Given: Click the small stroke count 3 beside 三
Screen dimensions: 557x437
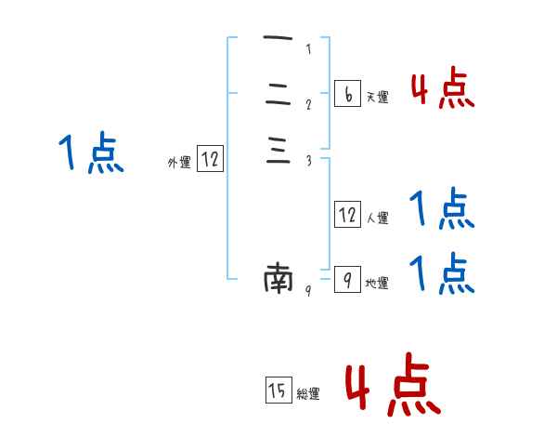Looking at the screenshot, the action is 308,162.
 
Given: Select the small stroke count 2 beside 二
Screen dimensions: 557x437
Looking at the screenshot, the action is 308,104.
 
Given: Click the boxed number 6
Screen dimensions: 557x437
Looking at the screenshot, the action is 346,94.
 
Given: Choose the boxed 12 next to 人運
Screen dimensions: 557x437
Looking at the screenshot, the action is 347,215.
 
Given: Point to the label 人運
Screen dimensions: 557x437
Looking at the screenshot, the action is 378,219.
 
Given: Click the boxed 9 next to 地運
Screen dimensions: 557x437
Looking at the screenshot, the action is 346,279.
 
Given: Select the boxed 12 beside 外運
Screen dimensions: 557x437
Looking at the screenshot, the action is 210,159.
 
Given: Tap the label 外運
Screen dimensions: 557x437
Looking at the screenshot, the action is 179,163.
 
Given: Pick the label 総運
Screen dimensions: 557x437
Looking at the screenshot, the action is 308,394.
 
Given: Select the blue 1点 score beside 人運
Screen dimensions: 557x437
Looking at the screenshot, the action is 442,210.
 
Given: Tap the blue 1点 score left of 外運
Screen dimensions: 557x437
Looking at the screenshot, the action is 91,153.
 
